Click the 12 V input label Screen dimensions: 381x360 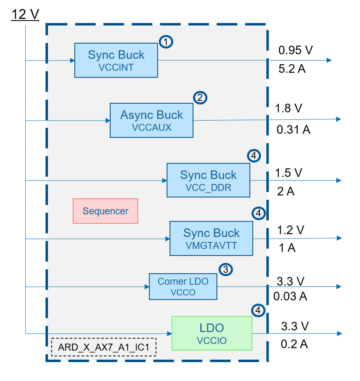click(x=25, y=14)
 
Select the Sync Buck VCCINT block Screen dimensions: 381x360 click(x=116, y=60)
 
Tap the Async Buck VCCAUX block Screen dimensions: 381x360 click(x=152, y=120)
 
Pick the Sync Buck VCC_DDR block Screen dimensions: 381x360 click(x=208, y=180)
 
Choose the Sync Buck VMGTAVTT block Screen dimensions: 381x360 click(x=211, y=238)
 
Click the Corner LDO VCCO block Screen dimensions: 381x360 click(x=183, y=287)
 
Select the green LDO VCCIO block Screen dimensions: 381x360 click(x=212, y=333)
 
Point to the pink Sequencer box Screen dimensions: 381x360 click(x=105, y=211)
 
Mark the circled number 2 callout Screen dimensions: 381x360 click(x=200, y=97)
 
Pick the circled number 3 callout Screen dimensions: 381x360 click(x=225, y=270)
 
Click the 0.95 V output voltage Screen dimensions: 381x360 click(x=296, y=50)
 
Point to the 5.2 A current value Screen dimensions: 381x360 click(x=292, y=69)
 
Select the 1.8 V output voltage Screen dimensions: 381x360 click(x=289, y=109)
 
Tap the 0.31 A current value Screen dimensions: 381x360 click(x=293, y=130)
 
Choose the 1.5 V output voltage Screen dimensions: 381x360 click(x=289, y=173)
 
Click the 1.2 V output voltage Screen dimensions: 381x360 click(x=290, y=230)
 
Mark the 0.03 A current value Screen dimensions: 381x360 click(x=290, y=297)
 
